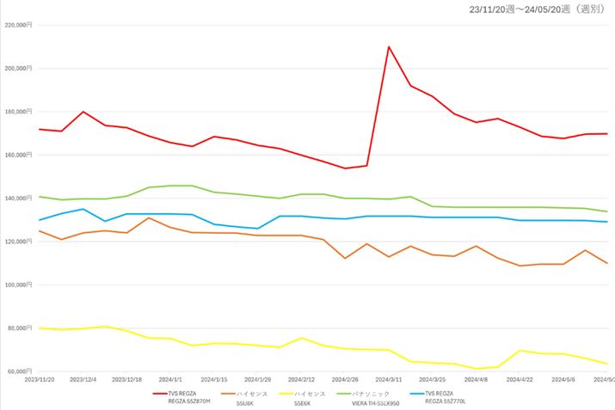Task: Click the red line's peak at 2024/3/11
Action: pyautogui.click(x=389, y=46)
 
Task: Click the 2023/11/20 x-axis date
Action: pyautogui.click(x=40, y=379)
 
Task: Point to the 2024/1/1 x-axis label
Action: pyautogui.click(x=170, y=379)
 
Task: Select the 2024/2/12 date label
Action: pyautogui.click(x=301, y=379)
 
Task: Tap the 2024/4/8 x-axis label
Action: pyautogui.click(x=476, y=379)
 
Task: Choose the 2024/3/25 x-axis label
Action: pyautogui.click(x=432, y=379)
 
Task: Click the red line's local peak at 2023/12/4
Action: pyautogui.click(x=83, y=112)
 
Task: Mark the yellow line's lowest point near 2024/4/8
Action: pyautogui.click(x=476, y=369)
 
